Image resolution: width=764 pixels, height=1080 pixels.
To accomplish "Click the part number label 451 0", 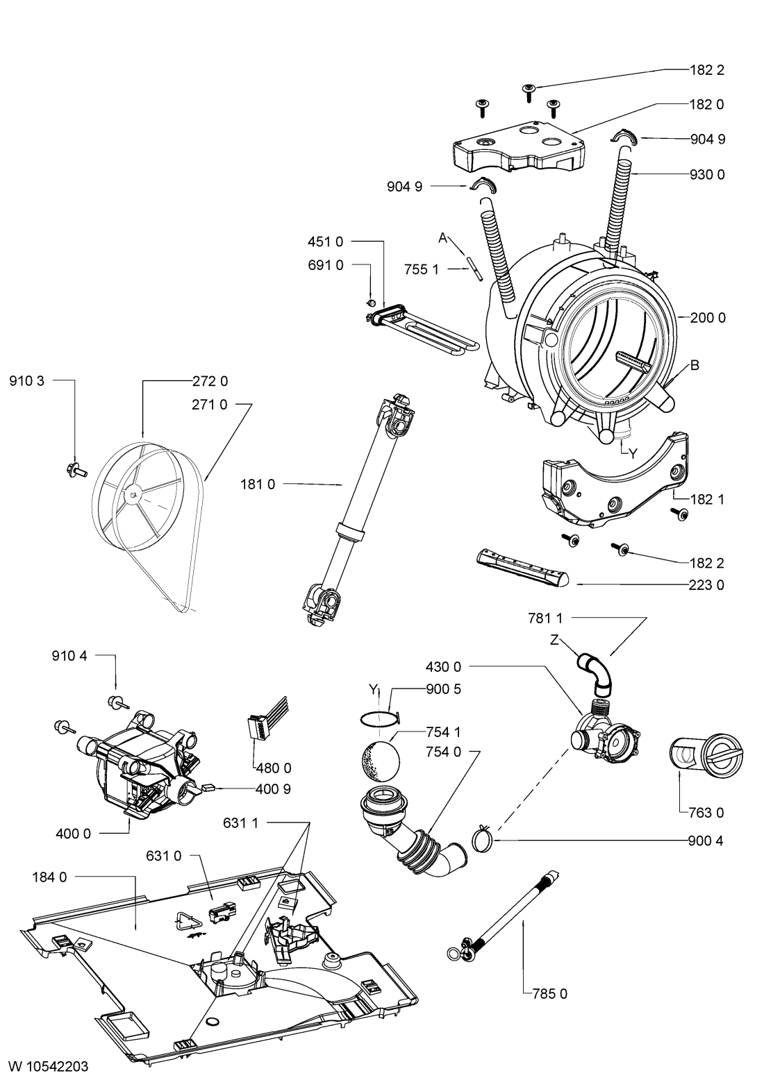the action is click(326, 242).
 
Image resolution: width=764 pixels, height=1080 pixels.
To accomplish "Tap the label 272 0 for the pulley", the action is click(210, 381).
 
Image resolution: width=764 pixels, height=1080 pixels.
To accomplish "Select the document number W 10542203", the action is click(49, 1066).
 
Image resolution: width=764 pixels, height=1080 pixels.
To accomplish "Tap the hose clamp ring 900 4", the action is click(483, 839).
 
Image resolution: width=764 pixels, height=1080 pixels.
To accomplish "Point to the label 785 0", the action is click(550, 993).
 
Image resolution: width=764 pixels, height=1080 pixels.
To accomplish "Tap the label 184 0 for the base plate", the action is click(50, 877).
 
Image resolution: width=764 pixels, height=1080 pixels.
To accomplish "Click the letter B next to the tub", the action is click(695, 365).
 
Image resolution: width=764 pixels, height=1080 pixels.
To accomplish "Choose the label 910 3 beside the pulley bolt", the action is click(26, 381).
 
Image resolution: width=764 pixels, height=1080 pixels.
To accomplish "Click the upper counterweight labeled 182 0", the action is click(519, 146).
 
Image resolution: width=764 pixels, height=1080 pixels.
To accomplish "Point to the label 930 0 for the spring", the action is click(707, 174).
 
